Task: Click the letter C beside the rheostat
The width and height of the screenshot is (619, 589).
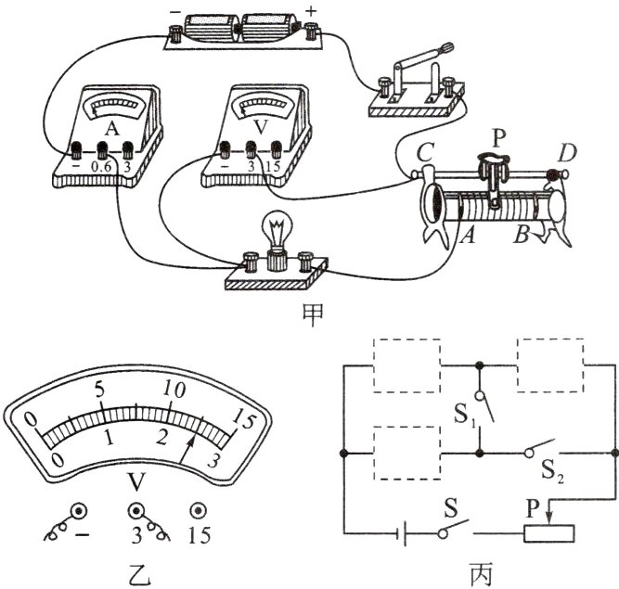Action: [426, 152]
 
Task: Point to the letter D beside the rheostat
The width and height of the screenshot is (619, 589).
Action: [567, 153]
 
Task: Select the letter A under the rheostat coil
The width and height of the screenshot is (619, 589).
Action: [468, 236]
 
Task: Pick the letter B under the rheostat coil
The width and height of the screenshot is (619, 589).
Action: [522, 235]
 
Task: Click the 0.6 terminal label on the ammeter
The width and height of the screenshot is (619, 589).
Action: [101, 167]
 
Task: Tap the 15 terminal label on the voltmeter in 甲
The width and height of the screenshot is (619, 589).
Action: [273, 166]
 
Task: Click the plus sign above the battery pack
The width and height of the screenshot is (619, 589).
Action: [312, 11]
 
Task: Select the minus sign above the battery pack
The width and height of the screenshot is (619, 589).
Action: [174, 12]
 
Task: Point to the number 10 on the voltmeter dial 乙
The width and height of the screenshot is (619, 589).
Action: [174, 391]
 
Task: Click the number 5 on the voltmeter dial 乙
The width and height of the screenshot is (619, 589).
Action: [99, 391]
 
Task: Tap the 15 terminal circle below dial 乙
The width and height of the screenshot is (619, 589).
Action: [198, 511]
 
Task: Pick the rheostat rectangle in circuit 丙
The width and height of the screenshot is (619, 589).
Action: [549, 533]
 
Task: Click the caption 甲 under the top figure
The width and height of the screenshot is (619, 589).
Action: [313, 315]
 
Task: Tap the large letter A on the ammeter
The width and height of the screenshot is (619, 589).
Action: [112, 129]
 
